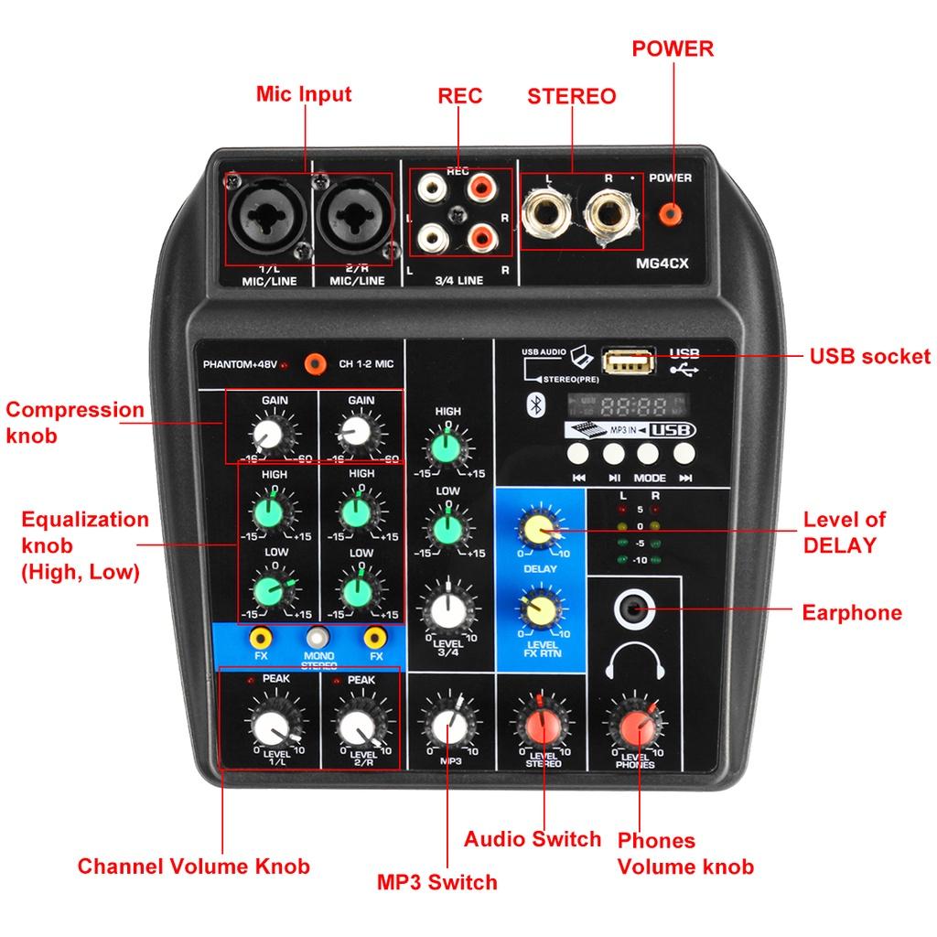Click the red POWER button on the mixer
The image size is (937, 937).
pos(672,213)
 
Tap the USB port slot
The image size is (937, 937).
pos(629,362)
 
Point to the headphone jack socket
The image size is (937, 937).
pos(634,609)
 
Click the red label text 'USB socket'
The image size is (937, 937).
pos(869,357)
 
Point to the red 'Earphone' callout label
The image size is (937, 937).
pos(851,612)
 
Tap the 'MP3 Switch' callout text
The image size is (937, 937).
pos(436,882)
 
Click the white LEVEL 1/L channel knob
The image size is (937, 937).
pos(272,728)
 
